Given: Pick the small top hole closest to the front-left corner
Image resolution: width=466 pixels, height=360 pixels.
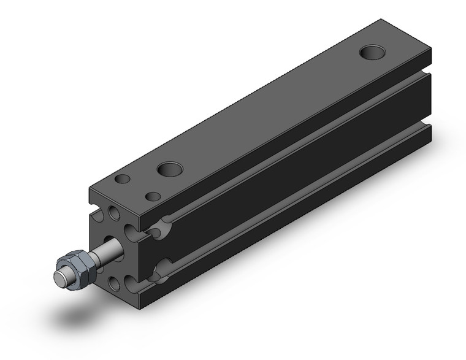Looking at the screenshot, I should pos(123,179).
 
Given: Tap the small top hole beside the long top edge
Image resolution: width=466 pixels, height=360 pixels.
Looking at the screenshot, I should pos(153,197).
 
